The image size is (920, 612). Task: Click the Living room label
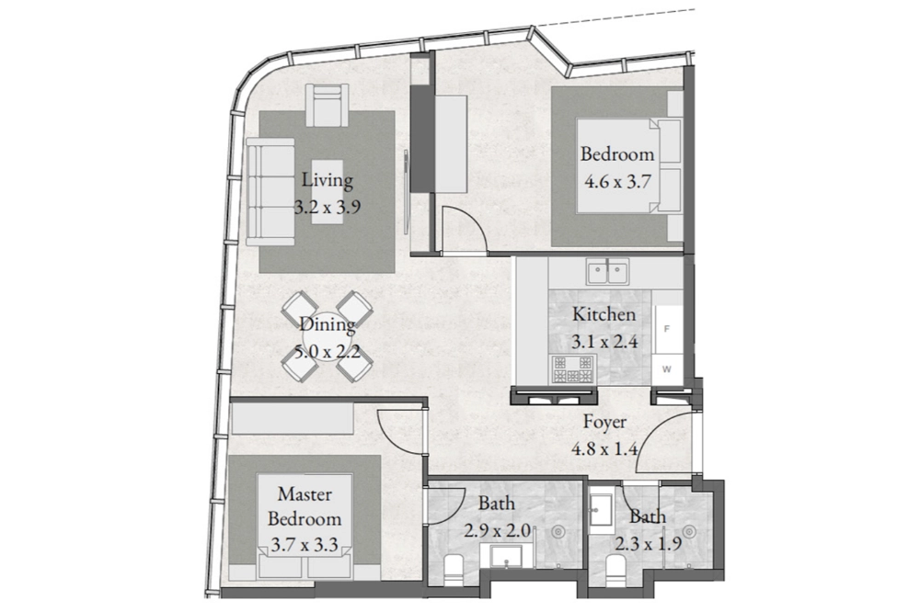pos(328,179)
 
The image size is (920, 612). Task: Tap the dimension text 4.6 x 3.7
pos(617,181)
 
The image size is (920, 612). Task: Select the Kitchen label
pos(604,314)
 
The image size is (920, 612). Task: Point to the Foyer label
pos(604,422)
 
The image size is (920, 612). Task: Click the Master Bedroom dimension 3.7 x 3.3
pos(305,545)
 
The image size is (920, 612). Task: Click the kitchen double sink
pos(607,271)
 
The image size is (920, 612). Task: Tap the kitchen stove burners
pos(572,369)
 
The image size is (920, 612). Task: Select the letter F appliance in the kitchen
pos(667,330)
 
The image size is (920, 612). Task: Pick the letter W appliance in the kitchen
pos(667,369)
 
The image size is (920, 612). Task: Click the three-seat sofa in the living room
pos(270,191)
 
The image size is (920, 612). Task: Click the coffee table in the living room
pos(328,192)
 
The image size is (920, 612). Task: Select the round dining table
pos(328,337)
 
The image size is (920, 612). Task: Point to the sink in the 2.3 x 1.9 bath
pos(601,510)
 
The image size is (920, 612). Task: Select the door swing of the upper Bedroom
pos(464,230)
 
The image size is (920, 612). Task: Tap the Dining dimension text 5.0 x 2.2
pos(328,353)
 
